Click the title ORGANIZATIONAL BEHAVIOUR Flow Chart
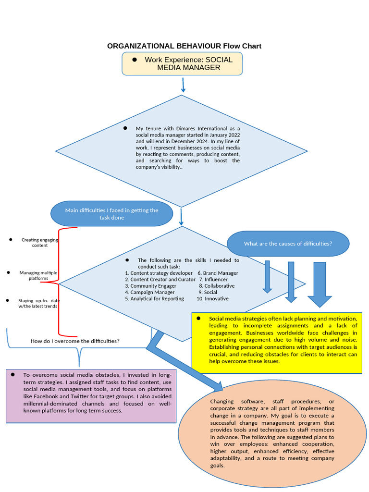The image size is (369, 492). (x=184, y=46)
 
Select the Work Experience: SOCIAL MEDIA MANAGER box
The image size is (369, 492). (x=182, y=64)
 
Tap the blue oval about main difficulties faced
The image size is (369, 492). (x=111, y=214)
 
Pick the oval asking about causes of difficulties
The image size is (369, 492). (x=288, y=244)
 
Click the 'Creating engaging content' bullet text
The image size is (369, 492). (x=40, y=242)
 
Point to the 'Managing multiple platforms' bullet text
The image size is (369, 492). (x=38, y=275)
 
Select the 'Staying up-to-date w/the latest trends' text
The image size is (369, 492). (x=39, y=303)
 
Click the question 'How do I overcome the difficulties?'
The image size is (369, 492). (x=75, y=341)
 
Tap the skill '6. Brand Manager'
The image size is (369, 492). (x=218, y=273)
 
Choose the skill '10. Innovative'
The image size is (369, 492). (x=212, y=298)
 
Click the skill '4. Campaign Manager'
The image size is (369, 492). (x=150, y=292)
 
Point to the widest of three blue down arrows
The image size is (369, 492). (x=320, y=284)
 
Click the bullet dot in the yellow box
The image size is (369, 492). (x=198, y=319)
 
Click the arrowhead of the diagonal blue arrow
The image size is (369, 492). (x=217, y=386)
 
